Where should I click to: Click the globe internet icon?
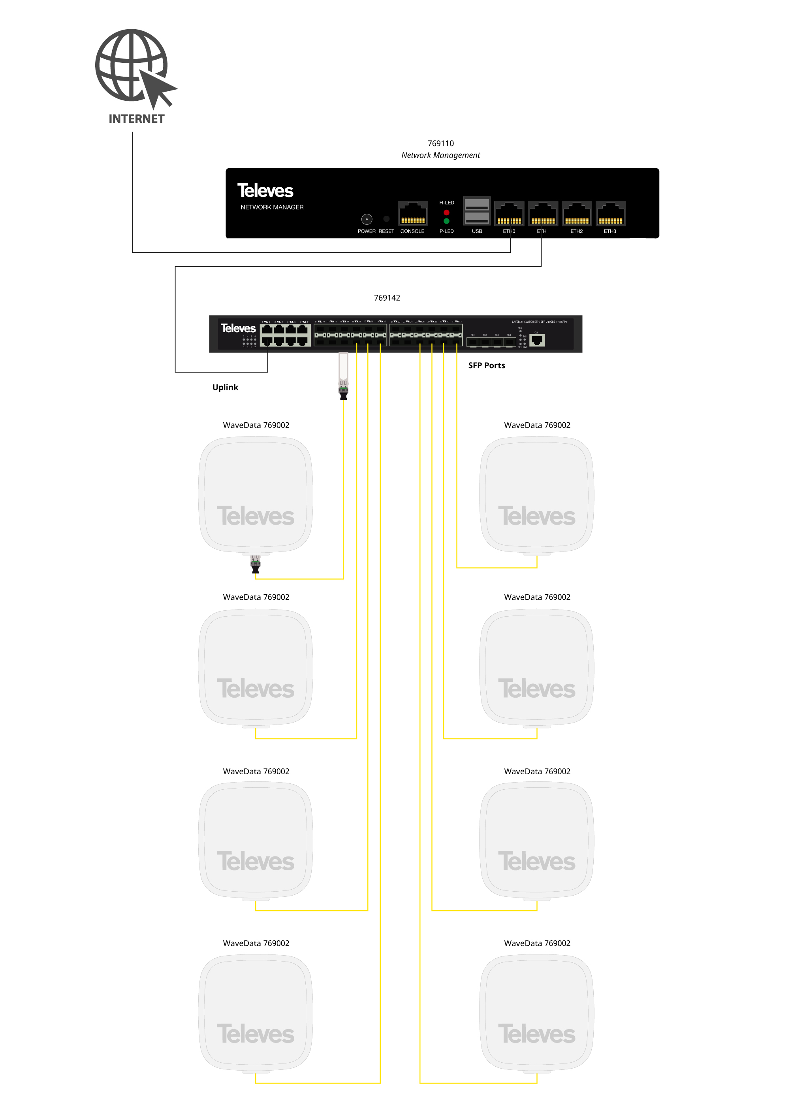(132, 66)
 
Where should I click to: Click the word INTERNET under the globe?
(136, 119)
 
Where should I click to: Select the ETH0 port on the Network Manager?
(509, 214)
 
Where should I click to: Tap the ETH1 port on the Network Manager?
(543, 214)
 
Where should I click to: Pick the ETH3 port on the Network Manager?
(610, 214)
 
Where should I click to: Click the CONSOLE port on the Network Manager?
(412, 214)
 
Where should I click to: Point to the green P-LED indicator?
(446, 221)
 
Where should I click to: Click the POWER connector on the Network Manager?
(367, 219)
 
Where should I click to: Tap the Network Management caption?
(440, 155)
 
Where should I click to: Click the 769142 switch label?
(387, 298)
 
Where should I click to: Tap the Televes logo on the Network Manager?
(265, 191)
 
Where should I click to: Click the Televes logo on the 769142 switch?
(238, 329)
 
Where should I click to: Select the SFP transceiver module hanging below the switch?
(343, 375)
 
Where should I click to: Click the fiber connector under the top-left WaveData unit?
(256, 565)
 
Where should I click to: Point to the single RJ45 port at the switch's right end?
(537, 340)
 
